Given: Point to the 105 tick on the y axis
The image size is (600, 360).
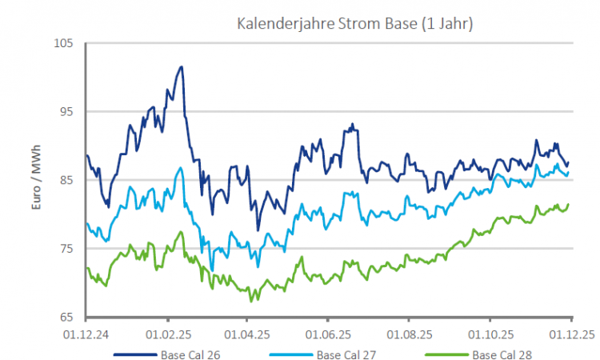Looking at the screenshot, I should coord(62,43).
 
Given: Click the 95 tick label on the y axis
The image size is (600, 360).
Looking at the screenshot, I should coord(65,111).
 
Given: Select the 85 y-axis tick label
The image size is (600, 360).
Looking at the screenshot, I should coord(65,180).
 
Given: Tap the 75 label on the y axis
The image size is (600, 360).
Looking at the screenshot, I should coord(65,249).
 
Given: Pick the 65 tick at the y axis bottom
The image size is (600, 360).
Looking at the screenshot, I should coord(65,317).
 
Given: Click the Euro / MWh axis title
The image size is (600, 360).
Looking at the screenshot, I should coord(36,180).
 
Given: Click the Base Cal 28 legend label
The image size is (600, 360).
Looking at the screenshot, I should coord(502,354).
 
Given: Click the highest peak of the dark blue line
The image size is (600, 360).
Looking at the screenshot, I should coord(182,67).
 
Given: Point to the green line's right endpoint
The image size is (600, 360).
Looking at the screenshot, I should coord(568,205).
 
